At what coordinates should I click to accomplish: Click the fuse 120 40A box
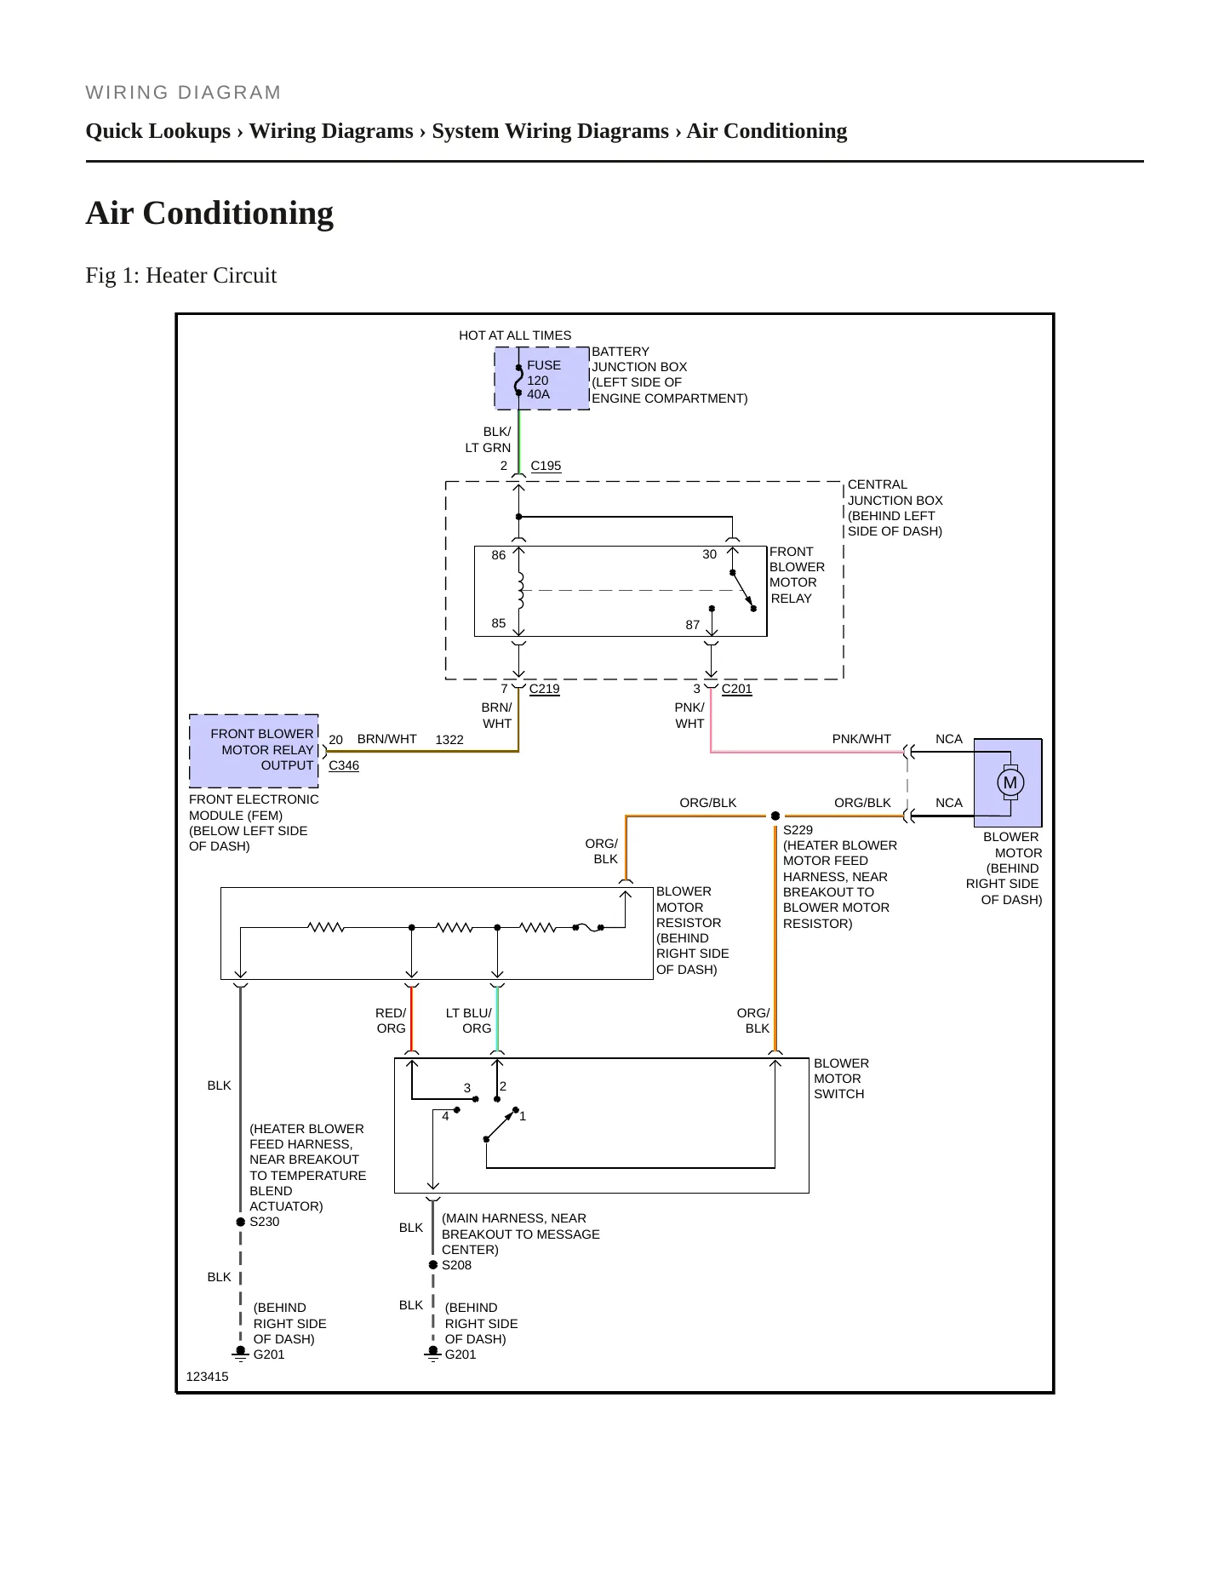(x=542, y=379)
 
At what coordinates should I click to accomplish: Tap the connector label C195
(x=546, y=466)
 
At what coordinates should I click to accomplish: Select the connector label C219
(x=545, y=689)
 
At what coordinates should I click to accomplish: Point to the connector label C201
(x=737, y=689)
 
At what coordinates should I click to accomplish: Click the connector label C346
(x=344, y=765)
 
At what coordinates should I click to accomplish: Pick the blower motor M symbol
(x=1010, y=782)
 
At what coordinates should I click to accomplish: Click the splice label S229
(x=798, y=830)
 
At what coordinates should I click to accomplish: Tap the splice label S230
(x=265, y=1222)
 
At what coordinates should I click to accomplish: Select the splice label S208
(x=456, y=1265)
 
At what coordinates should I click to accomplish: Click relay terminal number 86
(x=499, y=555)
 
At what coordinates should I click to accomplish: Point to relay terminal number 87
(x=693, y=625)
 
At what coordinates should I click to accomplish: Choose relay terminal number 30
(x=710, y=554)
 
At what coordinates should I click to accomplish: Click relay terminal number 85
(x=499, y=623)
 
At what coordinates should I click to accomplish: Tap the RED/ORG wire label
(x=391, y=1021)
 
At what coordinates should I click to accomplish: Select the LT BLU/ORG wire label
(x=469, y=1021)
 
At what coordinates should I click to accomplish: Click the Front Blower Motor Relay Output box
(x=254, y=750)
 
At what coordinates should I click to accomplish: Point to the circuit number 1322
(x=449, y=740)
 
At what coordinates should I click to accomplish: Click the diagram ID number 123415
(x=207, y=1377)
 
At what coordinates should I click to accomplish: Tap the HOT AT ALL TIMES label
(x=515, y=335)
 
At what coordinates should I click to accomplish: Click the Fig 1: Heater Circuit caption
(x=181, y=276)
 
